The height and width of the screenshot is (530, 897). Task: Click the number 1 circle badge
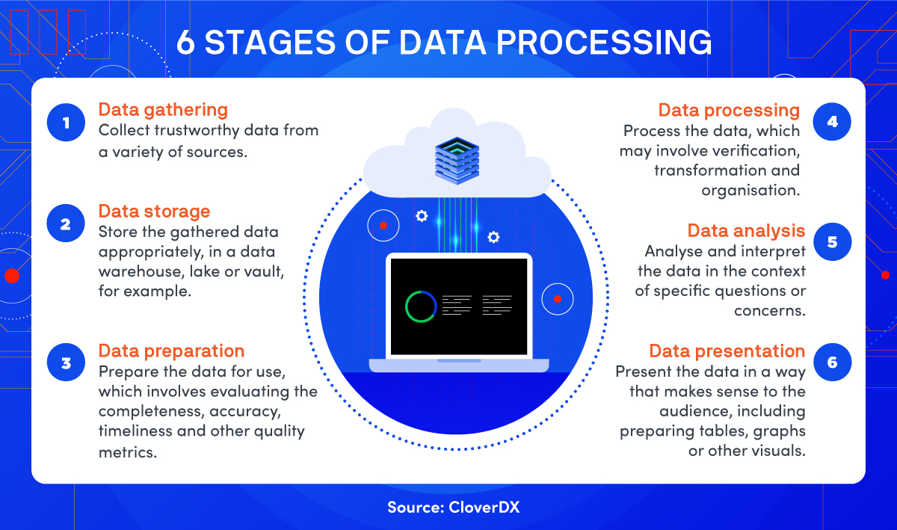click(x=66, y=122)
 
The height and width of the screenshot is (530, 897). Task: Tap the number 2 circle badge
click(x=66, y=223)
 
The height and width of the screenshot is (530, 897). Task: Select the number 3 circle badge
click(x=66, y=362)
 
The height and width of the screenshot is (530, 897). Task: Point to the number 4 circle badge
click(x=832, y=121)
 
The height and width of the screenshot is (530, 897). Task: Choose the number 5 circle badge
click(x=833, y=241)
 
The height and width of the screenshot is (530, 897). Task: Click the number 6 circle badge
click(x=833, y=362)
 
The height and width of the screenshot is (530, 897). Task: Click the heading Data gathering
click(x=163, y=110)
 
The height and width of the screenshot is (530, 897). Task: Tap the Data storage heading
click(x=154, y=212)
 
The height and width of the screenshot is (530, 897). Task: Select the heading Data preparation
click(x=171, y=351)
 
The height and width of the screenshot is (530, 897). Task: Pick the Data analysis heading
click(x=747, y=231)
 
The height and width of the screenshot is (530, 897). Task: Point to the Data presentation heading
click(x=727, y=351)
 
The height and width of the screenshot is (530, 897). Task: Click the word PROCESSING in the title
click(x=604, y=42)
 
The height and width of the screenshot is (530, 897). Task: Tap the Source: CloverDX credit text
click(x=453, y=507)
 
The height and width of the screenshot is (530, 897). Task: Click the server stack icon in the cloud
click(x=457, y=161)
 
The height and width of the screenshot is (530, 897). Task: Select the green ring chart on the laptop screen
click(x=421, y=306)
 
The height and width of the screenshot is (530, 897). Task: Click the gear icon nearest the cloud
click(x=422, y=216)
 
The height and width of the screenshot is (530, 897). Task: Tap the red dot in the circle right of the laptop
click(x=558, y=299)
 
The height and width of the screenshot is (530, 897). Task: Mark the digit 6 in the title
click(x=185, y=42)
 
